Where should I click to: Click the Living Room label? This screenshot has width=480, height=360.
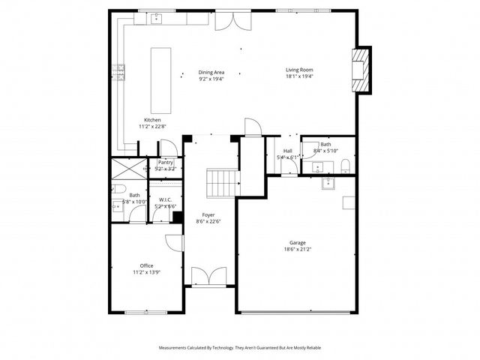(298, 70)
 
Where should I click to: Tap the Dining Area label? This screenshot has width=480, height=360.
(211, 73)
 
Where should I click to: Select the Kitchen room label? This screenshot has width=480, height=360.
(152, 121)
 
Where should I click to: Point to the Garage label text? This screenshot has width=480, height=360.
(298, 242)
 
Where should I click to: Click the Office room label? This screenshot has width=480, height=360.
(146, 265)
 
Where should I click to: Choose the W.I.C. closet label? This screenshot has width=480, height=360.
(166, 199)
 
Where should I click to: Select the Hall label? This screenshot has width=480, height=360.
(287, 151)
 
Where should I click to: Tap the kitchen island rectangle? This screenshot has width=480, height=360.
(160, 79)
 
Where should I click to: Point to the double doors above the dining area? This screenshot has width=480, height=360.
(228, 20)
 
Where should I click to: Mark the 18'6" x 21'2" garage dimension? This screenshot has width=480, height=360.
(298, 250)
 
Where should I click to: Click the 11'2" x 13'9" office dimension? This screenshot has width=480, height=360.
(146, 273)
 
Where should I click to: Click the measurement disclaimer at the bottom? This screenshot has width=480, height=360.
(239, 348)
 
